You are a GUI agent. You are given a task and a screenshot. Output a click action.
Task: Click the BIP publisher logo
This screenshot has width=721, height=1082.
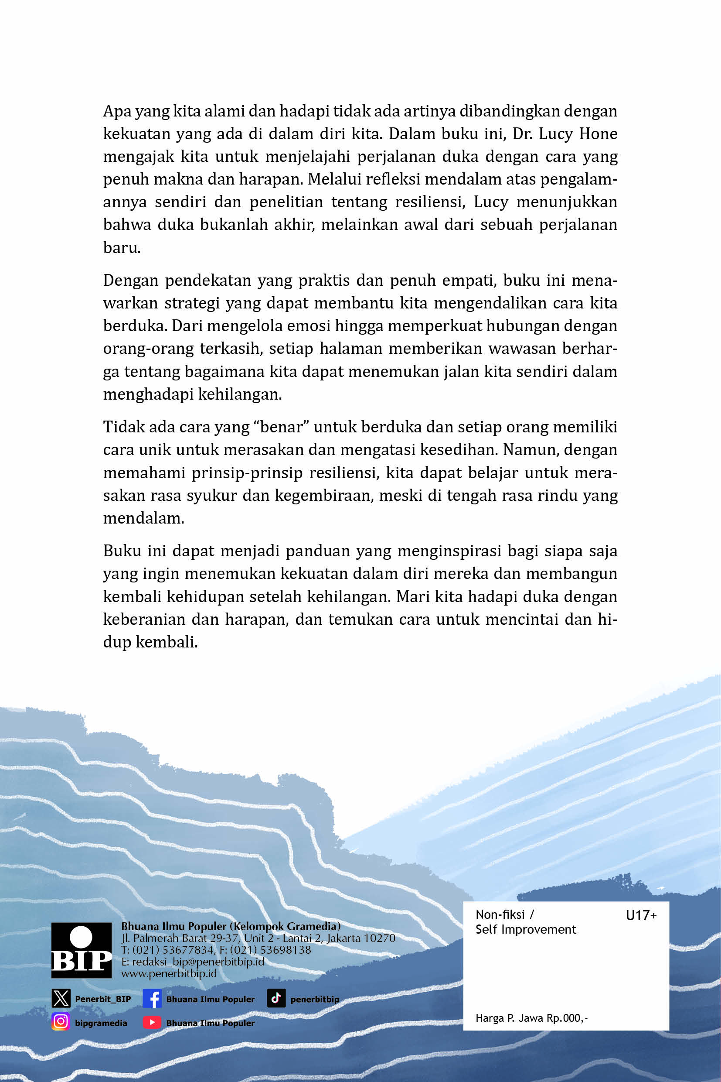click(x=82, y=950)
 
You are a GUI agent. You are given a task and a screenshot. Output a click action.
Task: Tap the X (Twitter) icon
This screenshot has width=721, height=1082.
click(x=61, y=999)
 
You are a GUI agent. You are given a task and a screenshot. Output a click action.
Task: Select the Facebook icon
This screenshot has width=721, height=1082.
click(x=152, y=999)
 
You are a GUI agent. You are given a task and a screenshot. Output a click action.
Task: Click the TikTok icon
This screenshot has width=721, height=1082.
click(x=276, y=998)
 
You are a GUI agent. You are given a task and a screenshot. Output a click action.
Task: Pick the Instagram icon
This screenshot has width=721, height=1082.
click(x=60, y=1022)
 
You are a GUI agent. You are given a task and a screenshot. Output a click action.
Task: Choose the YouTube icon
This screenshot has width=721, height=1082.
click(x=152, y=1022)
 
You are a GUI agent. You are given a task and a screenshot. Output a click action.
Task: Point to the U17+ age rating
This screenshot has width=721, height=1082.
click(x=641, y=915)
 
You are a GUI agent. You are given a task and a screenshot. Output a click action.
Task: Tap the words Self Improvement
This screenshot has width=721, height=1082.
click(x=526, y=930)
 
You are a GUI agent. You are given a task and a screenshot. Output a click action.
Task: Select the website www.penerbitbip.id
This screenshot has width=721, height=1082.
click(x=169, y=974)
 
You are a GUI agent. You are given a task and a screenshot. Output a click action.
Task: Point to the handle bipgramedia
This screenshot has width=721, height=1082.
click(x=101, y=1023)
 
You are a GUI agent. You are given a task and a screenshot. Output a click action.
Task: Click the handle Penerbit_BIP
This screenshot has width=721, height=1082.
click(x=103, y=999)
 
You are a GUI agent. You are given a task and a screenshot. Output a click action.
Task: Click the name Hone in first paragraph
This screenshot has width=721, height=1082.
click(x=598, y=134)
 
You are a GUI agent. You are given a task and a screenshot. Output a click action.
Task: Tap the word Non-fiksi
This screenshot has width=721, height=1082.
click(x=500, y=915)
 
